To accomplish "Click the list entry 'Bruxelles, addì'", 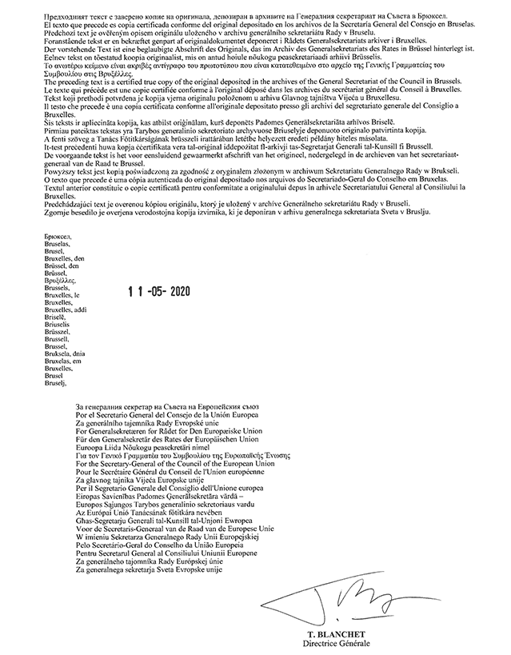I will point(66,309).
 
